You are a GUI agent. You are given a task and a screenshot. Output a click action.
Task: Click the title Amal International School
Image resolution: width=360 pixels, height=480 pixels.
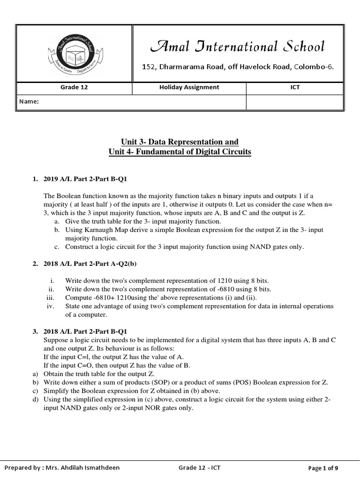[x=237, y=46]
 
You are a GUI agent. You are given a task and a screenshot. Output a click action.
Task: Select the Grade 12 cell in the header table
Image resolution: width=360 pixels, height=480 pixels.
[x=75, y=87]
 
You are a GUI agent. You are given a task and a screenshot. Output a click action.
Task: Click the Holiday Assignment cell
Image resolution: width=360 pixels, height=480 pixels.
[x=189, y=87]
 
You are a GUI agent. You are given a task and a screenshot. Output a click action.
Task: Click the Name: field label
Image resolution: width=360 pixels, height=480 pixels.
[x=29, y=102]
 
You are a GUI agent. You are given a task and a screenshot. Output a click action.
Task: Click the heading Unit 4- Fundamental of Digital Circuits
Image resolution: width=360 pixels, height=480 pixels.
[x=180, y=152]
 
